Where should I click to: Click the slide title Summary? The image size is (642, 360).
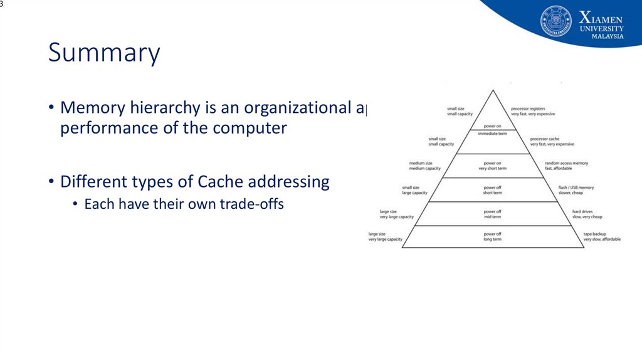point(104,53)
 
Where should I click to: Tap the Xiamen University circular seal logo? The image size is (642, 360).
point(555,22)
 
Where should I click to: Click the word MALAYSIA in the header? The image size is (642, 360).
point(608,36)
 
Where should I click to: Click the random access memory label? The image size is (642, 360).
point(566,163)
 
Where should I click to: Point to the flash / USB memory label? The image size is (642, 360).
point(576,188)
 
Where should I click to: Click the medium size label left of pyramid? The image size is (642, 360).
point(421,163)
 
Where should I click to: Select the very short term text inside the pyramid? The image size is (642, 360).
point(492,169)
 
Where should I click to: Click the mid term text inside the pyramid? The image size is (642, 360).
point(492,217)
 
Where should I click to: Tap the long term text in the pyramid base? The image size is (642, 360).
point(492,240)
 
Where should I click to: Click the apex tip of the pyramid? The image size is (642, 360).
point(493,90)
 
